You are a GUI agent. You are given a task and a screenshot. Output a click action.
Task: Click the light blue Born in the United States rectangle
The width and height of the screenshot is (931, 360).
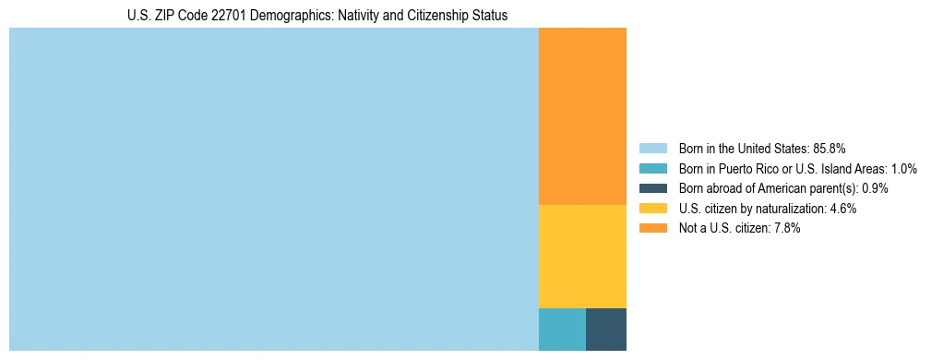click(x=273, y=189)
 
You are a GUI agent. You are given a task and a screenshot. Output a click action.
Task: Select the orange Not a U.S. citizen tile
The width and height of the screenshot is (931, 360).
click(x=582, y=116)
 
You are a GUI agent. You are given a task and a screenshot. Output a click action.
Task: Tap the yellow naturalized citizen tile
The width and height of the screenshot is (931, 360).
click(x=582, y=256)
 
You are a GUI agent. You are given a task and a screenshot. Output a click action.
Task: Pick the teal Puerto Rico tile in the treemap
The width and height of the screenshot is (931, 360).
click(x=562, y=329)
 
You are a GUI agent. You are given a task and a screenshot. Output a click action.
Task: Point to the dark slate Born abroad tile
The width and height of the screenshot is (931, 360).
click(x=606, y=329)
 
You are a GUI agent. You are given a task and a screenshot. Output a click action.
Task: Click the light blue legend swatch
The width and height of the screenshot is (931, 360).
click(x=652, y=149)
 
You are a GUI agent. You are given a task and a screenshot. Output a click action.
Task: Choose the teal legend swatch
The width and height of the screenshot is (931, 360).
click(x=652, y=169)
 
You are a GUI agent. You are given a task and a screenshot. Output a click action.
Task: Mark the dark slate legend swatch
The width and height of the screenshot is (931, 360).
click(x=652, y=188)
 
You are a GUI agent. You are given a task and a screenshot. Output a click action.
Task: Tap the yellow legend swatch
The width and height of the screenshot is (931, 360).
click(x=652, y=209)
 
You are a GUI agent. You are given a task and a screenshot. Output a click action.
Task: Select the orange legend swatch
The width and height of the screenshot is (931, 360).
click(x=652, y=229)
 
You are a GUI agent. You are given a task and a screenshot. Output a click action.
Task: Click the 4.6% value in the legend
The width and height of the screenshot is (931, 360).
click(x=842, y=209)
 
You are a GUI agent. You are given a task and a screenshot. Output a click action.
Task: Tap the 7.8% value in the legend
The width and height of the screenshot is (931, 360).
click(x=786, y=229)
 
